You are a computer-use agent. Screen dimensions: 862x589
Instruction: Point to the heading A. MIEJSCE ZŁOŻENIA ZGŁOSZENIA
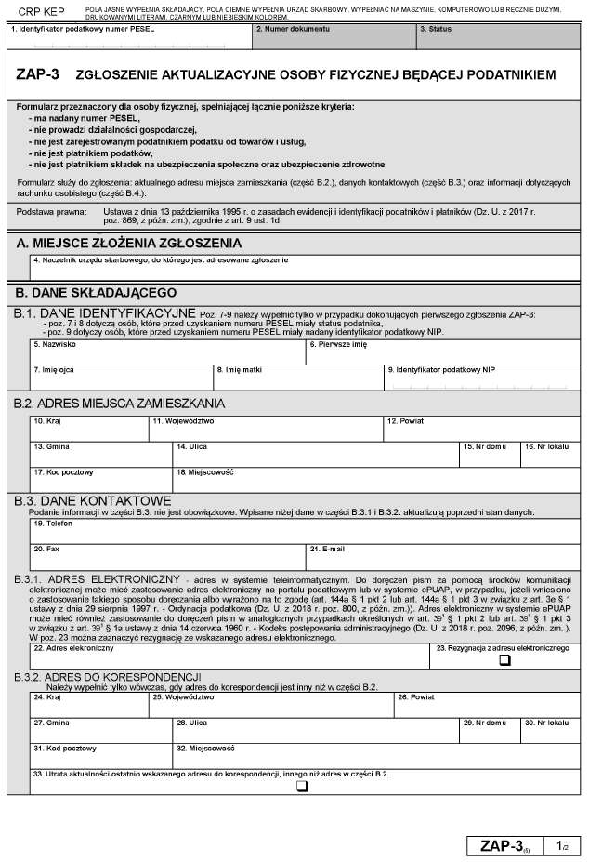[129, 244]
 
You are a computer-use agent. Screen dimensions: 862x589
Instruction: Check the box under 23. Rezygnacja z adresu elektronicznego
[505, 660]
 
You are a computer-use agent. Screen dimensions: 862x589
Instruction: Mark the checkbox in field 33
[301, 788]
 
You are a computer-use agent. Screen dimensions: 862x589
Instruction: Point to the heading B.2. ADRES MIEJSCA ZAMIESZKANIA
[119, 404]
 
